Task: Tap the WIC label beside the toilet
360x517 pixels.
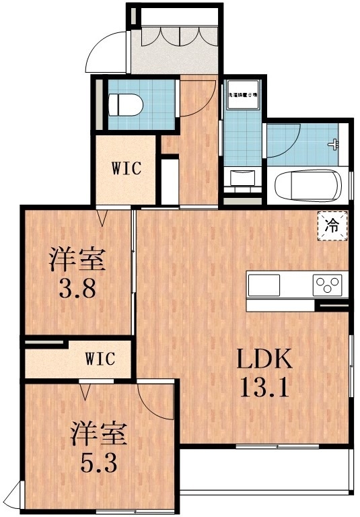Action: coord(127,168)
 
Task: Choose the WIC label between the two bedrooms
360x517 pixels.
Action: coord(100,359)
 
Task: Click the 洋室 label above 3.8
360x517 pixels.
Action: coord(79,260)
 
